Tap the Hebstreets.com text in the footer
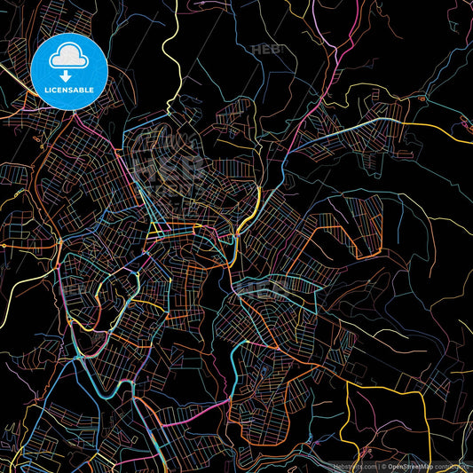355,465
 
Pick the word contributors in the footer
454,465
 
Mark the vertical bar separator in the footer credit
379,465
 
